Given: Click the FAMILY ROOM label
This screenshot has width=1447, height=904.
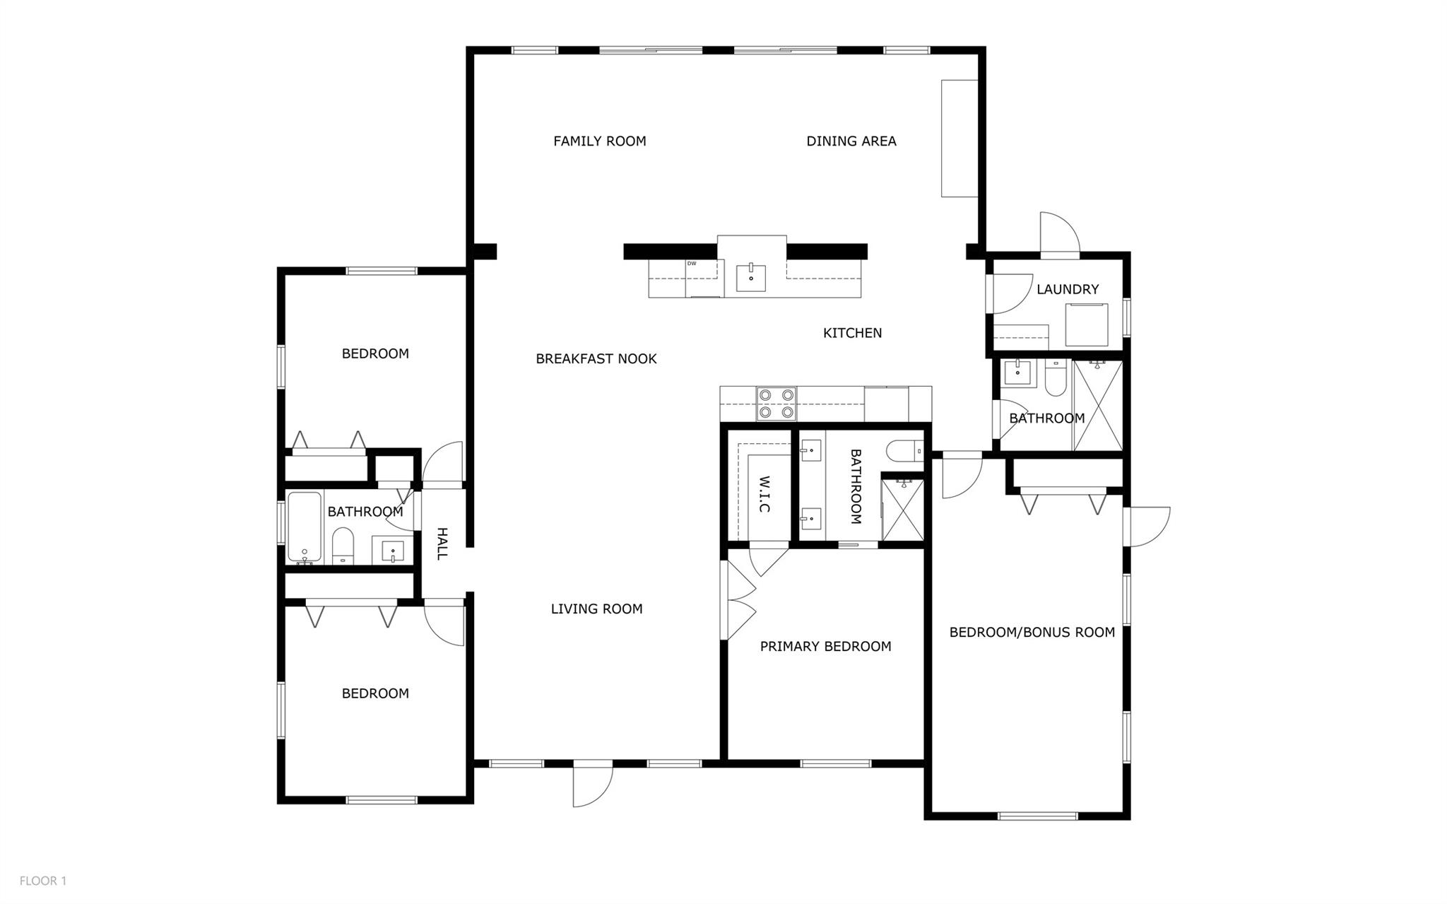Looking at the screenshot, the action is [x=599, y=141].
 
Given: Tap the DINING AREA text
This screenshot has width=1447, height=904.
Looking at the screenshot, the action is [x=851, y=141].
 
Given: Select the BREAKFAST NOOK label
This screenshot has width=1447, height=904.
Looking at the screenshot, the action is [x=596, y=359].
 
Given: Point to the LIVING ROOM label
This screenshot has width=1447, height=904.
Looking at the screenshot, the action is [x=597, y=609].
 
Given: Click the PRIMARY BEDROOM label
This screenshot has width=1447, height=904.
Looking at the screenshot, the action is [x=825, y=646].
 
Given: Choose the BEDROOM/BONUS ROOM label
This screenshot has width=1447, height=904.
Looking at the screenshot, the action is [x=1032, y=632].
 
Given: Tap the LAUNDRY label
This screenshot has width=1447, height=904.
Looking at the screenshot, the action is [x=1068, y=289].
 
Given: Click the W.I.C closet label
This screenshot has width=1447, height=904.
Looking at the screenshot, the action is [x=764, y=494].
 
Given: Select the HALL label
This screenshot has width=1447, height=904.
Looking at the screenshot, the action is [x=442, y=544].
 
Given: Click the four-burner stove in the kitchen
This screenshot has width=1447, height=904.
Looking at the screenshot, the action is [x=776, y=404].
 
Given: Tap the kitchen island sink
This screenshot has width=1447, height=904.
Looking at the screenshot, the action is [x=750, y=277].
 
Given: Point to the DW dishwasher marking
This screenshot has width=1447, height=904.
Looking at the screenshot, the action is [x=692, y=264].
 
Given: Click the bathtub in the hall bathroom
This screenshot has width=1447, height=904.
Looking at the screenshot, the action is [x=305, y=527].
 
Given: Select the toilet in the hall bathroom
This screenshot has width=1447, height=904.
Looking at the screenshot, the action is [x=343, y=546].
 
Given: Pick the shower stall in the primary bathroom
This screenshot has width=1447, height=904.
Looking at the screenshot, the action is [x=902, y=510].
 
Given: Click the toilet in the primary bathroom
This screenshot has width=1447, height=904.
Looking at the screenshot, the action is [x=904, y=449].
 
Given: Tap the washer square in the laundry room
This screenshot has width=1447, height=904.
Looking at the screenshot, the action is [x=1087, y=324].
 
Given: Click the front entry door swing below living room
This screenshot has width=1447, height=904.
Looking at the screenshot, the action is [x=593, y=785].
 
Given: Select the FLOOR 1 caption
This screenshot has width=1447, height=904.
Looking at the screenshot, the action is [x=43, y=881].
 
